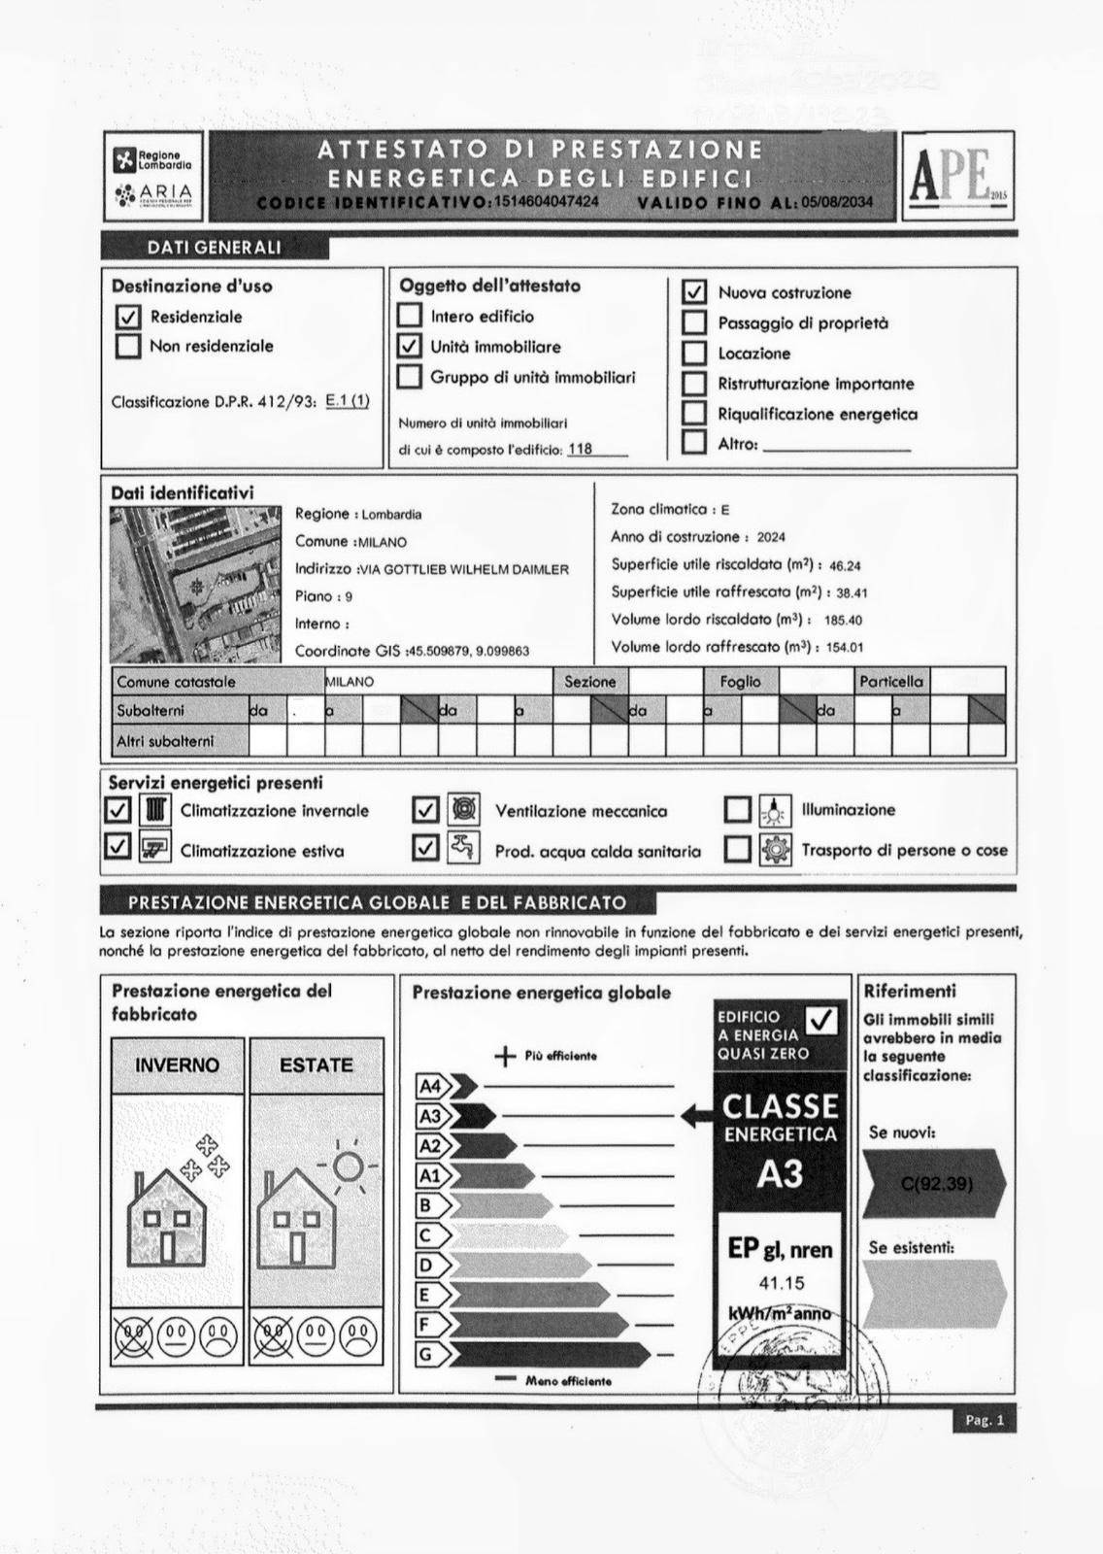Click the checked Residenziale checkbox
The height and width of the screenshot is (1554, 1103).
[128, 317]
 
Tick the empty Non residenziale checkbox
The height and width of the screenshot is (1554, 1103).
[128, 346]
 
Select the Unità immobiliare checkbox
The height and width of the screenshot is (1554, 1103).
[410, 346]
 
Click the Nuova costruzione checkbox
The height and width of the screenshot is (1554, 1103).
[694, 291]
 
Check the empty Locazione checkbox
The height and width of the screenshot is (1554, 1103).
[694, 354]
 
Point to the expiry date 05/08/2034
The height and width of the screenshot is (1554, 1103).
[837, 202]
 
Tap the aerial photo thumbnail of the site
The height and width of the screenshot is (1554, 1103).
[195, 585]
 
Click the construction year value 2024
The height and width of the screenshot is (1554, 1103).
[771, 537]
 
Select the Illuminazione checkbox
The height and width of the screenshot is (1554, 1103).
[738, 810]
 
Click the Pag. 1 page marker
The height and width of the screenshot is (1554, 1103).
[984, 1421]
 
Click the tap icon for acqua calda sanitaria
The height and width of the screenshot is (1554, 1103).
[463, 848]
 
